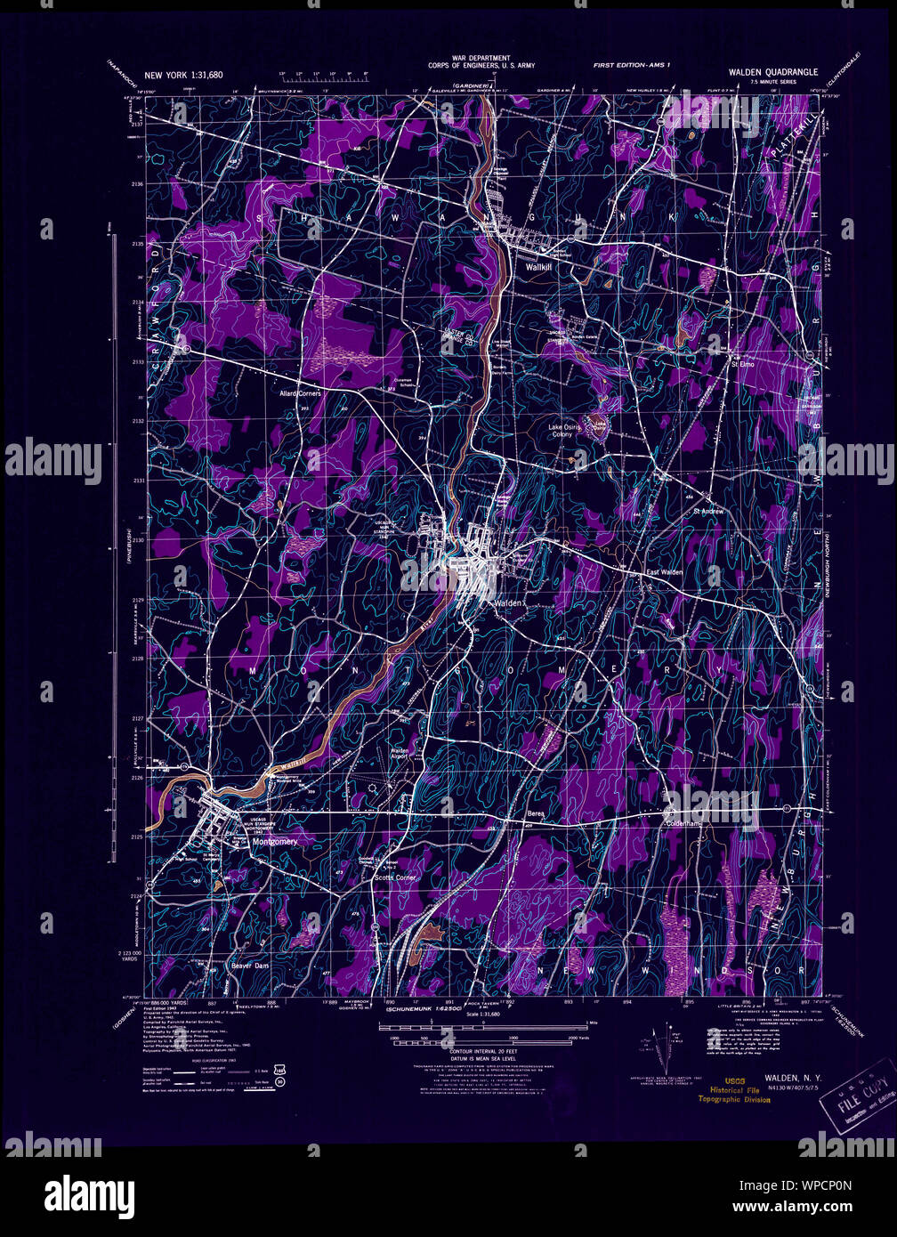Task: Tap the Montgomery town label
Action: click(275, 841)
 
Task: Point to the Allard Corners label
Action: click(300, 392)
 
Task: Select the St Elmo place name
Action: click(742, 364)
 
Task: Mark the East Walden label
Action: click(664, 572)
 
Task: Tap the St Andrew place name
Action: click(708, 512)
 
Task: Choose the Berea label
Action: click(535, 814)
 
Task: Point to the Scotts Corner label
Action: click(395, 877)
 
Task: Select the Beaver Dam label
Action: click(250, 965)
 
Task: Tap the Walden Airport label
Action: click(400, 755)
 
